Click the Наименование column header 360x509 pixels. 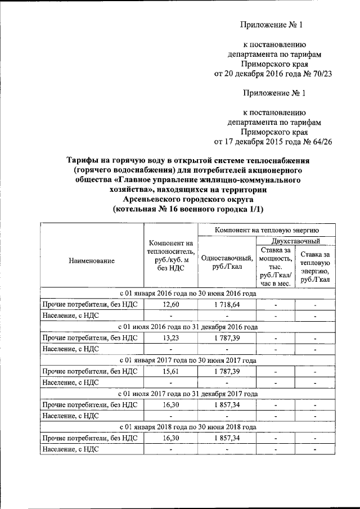(92, 260)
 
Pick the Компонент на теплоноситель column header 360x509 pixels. (170, 256)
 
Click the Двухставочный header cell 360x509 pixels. (295, 241)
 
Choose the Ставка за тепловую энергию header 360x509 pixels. (315, 267)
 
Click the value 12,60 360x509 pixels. (170, 304)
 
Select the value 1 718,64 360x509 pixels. (227, 304)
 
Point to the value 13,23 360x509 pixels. (170, 337)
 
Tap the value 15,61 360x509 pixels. (170, 371)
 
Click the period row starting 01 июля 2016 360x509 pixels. (188, 327)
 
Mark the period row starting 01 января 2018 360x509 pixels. (188, 427)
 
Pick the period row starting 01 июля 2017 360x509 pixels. (188, 394)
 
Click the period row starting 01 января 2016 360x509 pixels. (188, 294)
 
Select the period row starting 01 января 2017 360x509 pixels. (188, 361)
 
